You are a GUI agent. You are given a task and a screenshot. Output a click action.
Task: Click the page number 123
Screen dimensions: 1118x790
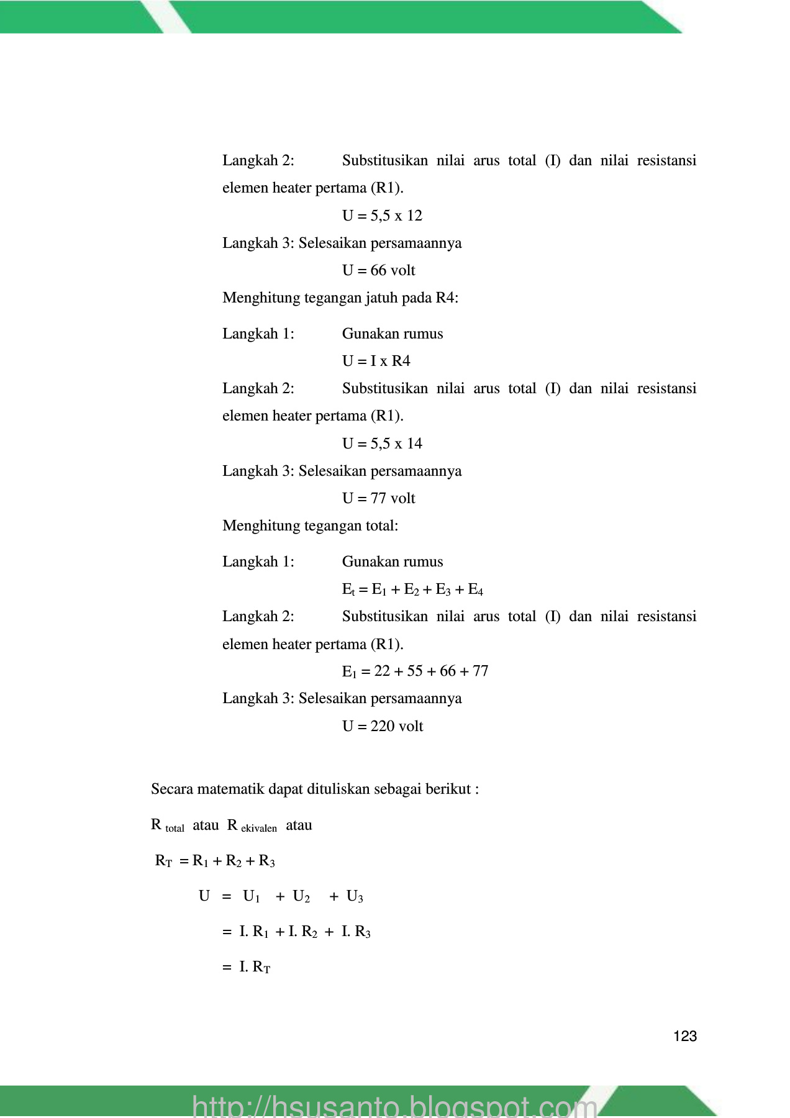point(684,1036)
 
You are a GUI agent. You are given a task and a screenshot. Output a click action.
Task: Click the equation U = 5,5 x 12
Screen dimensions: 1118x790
point(382,216)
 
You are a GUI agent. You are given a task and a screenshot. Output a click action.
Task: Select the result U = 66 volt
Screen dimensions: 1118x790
point(378,270)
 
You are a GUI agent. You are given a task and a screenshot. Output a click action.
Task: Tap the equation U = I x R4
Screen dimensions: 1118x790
point(376,361)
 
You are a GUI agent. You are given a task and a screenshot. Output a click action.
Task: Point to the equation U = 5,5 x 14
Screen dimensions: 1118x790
point(382,443)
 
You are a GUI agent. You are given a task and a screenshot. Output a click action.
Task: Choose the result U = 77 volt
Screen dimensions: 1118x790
point(378,498)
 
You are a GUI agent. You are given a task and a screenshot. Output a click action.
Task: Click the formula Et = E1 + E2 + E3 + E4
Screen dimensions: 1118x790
point(412,589)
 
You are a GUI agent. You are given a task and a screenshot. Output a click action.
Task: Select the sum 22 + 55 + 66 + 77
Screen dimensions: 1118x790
point(431,671)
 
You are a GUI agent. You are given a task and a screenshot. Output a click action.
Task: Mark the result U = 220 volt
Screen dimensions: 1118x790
point(383,726)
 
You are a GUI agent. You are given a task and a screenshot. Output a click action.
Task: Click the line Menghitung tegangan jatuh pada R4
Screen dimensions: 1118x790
point(340,298)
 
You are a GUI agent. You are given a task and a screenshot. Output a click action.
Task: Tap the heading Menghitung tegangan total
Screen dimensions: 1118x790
point(310,525)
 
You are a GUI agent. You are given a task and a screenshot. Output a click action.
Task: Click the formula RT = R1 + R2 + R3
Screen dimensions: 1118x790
point(215,861)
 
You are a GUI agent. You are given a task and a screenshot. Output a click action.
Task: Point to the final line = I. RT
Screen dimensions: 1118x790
point(247,967)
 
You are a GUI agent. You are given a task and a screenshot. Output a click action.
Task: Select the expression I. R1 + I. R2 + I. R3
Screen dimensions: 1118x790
point(304,932)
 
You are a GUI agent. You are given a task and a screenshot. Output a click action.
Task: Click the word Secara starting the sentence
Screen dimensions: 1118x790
point(172,789)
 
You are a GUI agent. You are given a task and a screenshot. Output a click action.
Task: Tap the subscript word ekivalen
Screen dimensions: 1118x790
point(259,829)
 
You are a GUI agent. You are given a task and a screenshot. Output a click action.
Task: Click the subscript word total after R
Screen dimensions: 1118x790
point(175,829)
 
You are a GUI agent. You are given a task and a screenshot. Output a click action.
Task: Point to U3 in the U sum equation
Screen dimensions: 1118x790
point(355,896)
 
